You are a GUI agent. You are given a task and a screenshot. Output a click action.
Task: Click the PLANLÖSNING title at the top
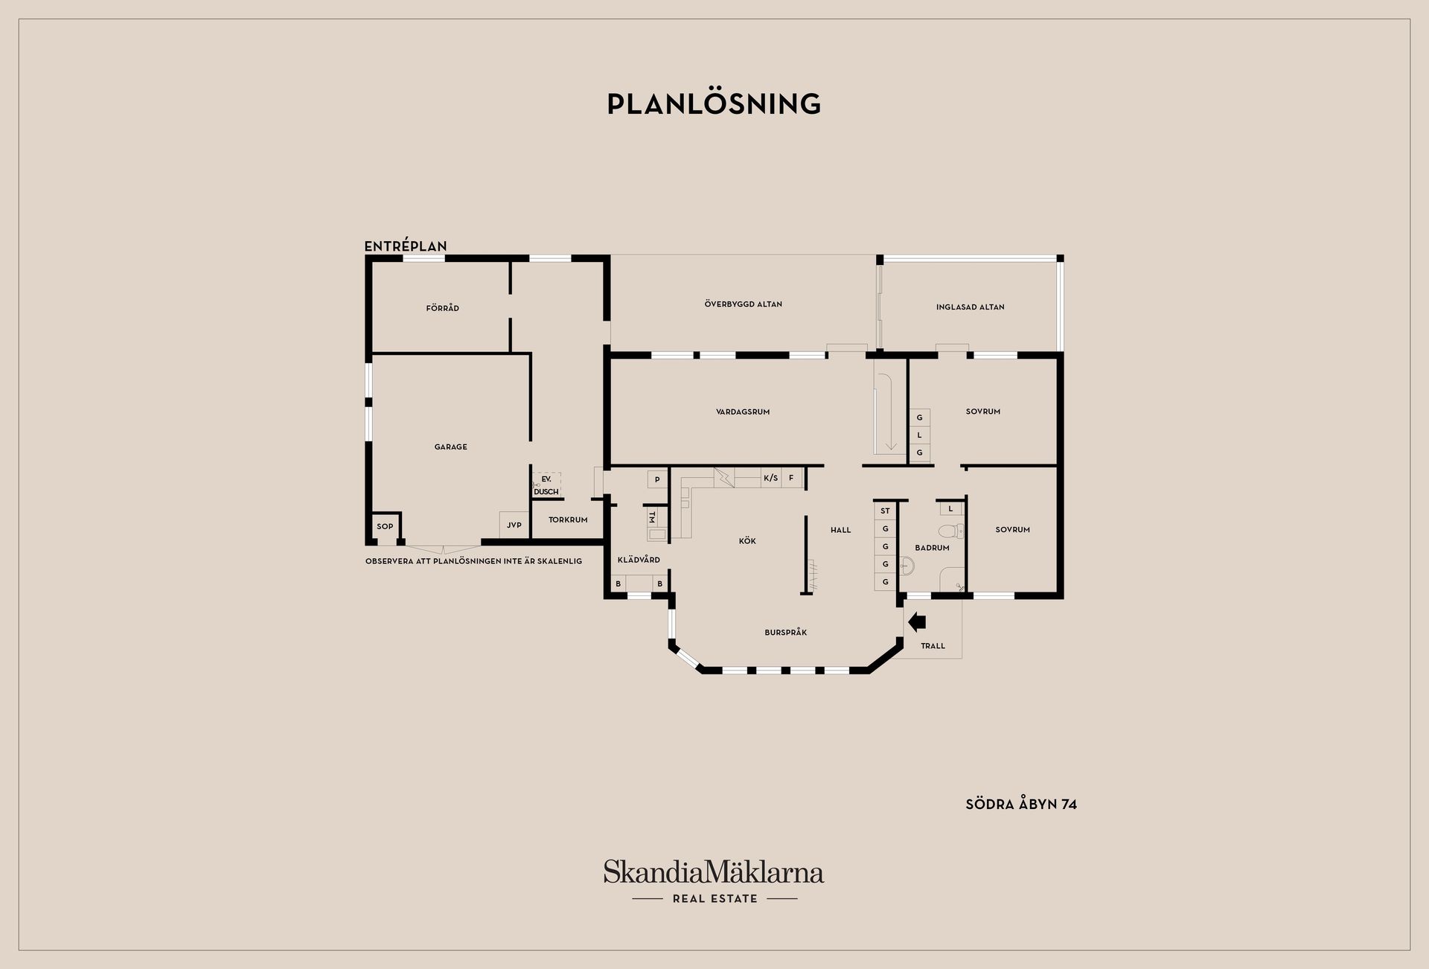pyautogui.click(x=714, y=103)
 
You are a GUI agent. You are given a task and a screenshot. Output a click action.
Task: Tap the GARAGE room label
pyautogui.click(x=451, y=447)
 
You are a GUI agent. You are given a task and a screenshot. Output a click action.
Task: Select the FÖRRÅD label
pyautogui.click(x=443, y=308)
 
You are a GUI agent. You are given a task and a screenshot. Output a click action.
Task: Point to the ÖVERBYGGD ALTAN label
pyautogui.click(x=744, y=304)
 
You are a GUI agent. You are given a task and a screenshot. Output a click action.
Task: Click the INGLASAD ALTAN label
pyautogui.click(x=971, y=307)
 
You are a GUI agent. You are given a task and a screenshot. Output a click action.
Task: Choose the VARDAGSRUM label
pyautogui.click(x=743, y=412)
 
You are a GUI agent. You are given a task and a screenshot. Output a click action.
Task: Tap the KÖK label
pyautogui.click(x=747, y=541)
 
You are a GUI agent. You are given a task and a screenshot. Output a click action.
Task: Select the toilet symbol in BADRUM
pyautogui.click(x=951, y=531)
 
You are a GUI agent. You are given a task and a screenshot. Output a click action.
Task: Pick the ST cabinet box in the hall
pyautogui.click(x=886, y=511)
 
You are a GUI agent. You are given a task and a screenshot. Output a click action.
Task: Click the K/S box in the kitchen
pyautogui.click(x=770, y=478)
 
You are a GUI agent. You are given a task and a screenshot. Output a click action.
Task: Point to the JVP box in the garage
pyautogui.click(x=514, y=525)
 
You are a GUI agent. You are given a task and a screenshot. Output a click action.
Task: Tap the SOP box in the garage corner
pyautogui.click(x=385, y=527)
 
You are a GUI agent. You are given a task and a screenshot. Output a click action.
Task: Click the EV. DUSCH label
pyautogui.click(x=546, y=485)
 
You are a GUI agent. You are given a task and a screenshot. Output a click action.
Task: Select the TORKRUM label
pyautogui.click(x=568, y=520)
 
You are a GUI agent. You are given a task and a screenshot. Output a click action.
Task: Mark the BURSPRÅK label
pyautogui.click(x=786, y=633)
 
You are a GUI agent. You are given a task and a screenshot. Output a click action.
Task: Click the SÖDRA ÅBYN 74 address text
pyautogui.click(x=1021, y=805)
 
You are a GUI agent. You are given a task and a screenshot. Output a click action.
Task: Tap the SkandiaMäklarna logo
pyautogui.click(x=714, y=881)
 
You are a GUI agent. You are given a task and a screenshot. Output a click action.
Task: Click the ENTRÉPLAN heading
pyautogui.click(x=406, y=246)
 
